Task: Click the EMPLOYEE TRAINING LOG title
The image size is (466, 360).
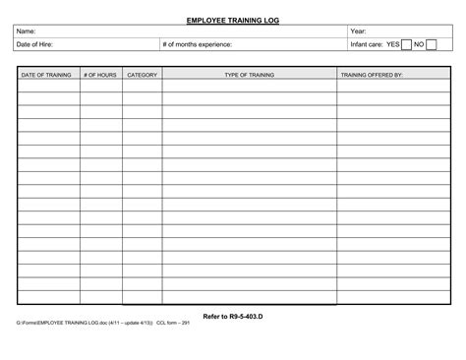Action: point(232,19)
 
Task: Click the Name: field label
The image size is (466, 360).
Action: point(29,32)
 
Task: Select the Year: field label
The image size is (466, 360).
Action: point(359,32)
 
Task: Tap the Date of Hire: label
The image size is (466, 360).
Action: point(36,45)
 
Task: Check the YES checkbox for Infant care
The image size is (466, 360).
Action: point(406,45)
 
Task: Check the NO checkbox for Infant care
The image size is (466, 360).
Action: point(431,45)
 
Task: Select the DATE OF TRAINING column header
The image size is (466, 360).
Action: point(46,75)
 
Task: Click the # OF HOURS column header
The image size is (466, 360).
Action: point(100,75)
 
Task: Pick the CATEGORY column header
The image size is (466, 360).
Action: point(143,75)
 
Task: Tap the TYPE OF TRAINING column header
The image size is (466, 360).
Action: point(249,75)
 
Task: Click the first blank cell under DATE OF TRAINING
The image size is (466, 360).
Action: point(47,86)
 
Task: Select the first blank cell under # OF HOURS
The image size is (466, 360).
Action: point(100,86)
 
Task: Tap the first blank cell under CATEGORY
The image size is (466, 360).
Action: point(143,86)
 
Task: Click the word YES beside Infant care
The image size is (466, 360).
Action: point(392,45)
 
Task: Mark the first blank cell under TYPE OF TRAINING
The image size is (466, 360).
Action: point(249,86)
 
